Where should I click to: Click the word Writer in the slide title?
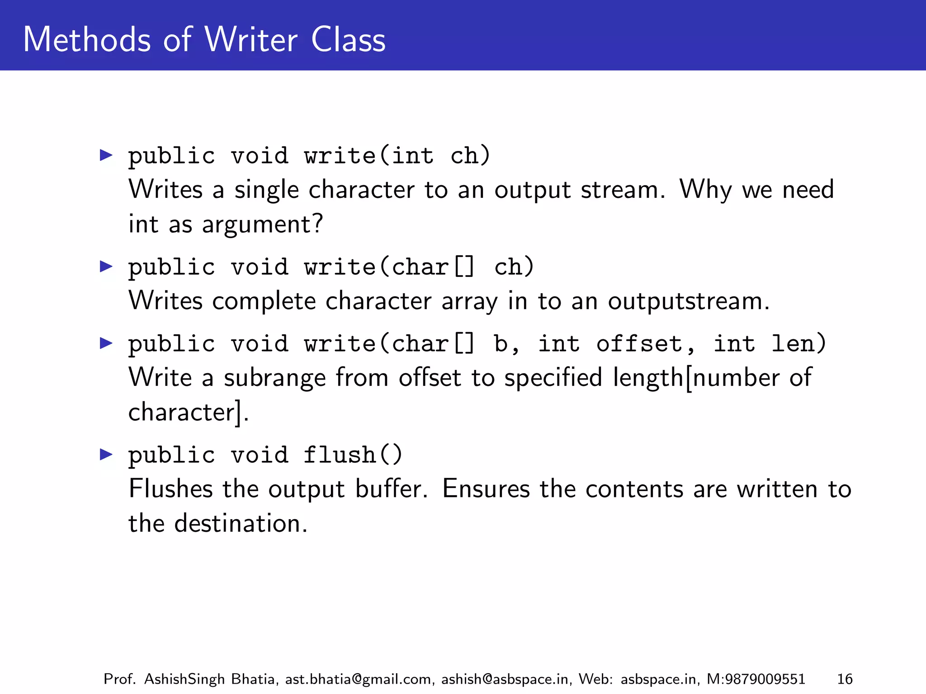[251, 40]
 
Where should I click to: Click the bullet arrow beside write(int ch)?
[106, 155]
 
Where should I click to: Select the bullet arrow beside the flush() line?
[106, 454]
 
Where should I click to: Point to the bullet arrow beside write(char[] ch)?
[106, 267]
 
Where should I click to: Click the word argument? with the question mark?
[263, 224]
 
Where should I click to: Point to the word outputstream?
[688, 301]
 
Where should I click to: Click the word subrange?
[274, 378]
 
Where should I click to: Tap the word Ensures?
[486, 489]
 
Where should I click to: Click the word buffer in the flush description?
[391, 489]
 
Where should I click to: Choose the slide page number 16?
[845, 679]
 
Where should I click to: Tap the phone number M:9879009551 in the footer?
[756, 679]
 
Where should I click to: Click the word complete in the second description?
[264, 301]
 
